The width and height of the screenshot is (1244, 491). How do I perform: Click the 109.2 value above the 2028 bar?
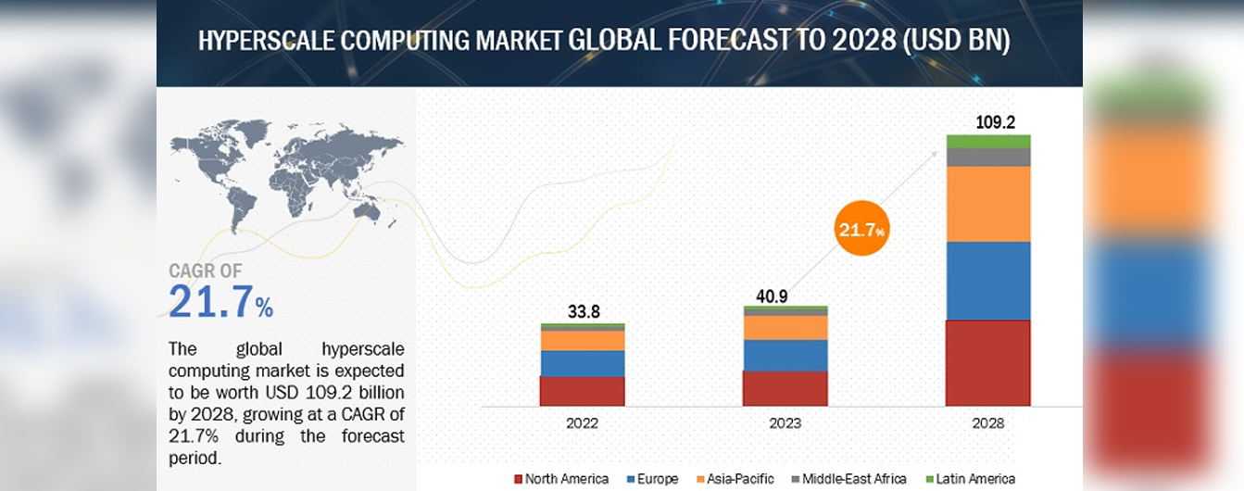[988, 121]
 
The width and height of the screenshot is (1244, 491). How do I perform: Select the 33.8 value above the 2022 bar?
[583, 312]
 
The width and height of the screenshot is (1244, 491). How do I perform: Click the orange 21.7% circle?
[861, 229]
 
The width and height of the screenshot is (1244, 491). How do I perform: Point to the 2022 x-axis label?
[583, 422]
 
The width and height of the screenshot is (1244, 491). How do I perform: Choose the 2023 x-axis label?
[785, 422]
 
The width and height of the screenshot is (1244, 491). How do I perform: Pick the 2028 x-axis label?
[988, 422]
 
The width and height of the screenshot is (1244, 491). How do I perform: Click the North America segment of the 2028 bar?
[988, 363]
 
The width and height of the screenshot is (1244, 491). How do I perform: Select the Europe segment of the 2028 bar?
[988, 281]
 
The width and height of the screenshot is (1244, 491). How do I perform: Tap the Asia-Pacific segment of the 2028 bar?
[988, 204]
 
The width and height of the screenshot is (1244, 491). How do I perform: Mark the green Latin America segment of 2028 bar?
[988, 141]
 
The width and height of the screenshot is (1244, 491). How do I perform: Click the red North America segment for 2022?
[583, 391]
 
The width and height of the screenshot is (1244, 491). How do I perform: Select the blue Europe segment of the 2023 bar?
[785, 355]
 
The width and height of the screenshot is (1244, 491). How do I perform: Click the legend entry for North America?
[561, 479]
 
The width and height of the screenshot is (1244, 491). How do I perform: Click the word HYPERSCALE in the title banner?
[267, 42]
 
